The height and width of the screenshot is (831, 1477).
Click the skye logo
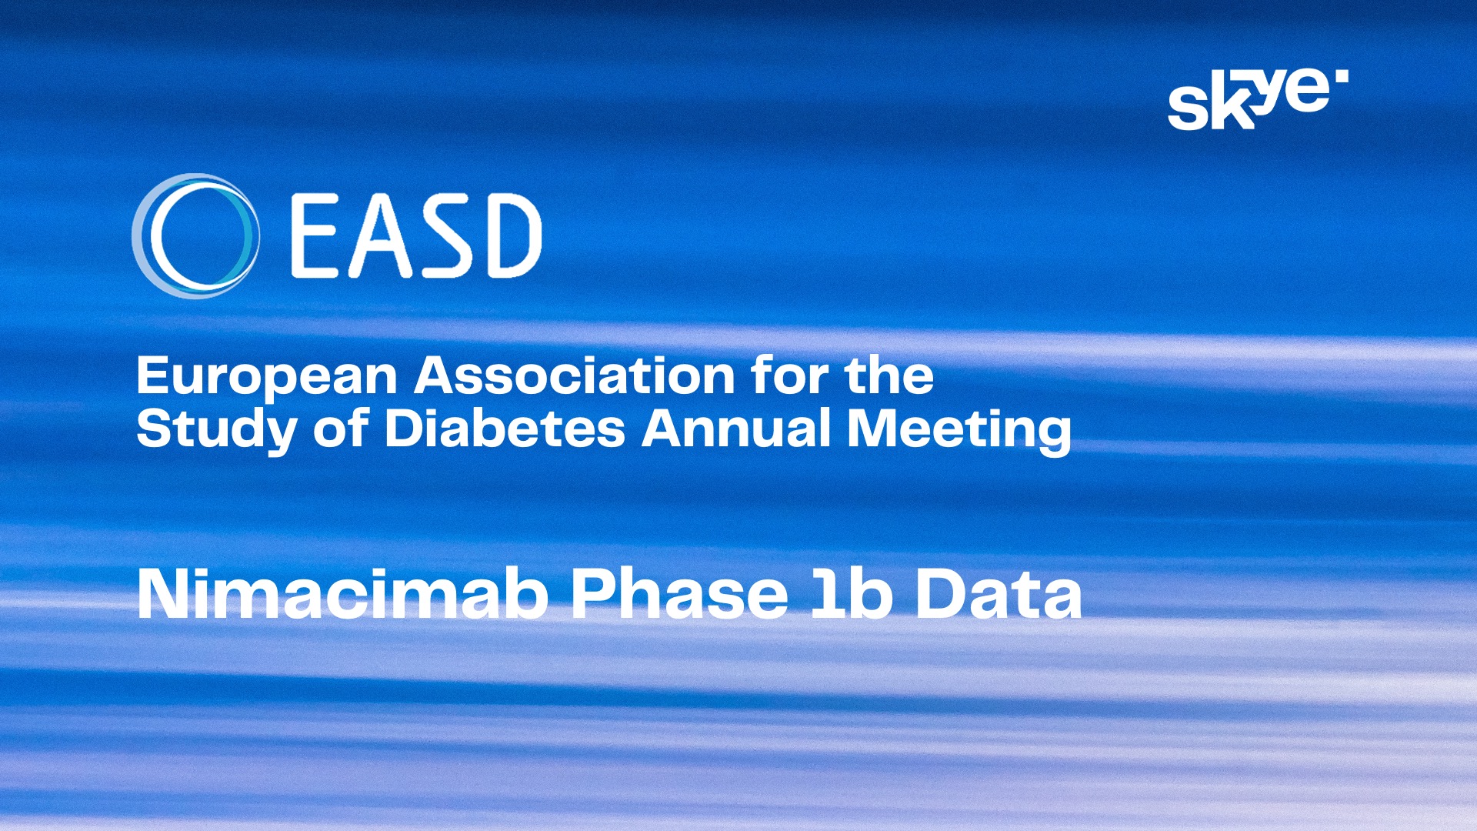[1258, 99]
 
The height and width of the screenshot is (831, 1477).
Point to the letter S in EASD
[445, 235]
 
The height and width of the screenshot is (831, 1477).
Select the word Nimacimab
[343, 593]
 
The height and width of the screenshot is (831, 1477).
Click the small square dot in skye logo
[1342, 75]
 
